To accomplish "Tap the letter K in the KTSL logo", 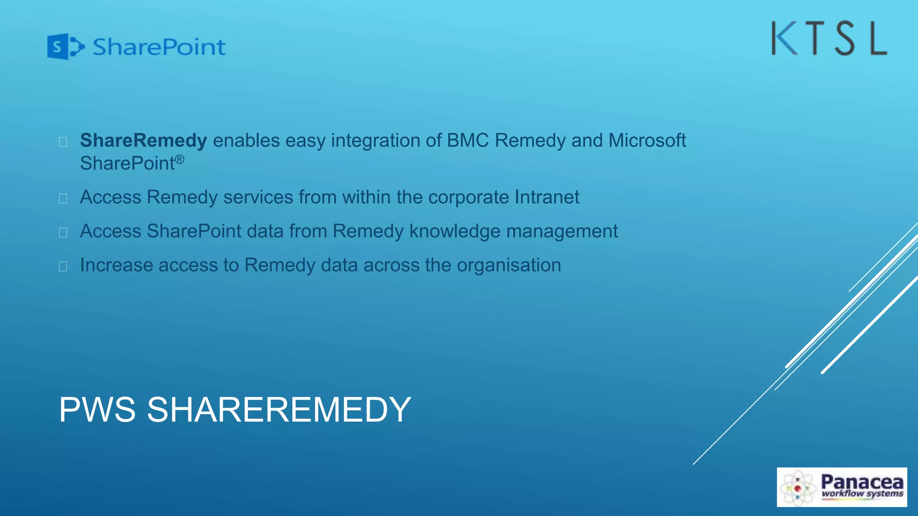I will (x=784, y=39).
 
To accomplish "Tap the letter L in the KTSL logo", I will (x=879, y=39).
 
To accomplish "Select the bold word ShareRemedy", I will (x=143, y=141).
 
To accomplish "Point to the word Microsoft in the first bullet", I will (x=647, y=141).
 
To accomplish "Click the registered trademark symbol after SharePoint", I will (x=179, y=159).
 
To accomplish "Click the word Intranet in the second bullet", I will (x=546, y=197).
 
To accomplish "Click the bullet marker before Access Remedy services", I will (x=63, y=198).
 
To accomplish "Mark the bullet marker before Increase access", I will (x=63, y=267).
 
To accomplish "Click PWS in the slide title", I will (x=97, y=409).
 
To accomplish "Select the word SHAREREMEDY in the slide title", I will (x=279, y=409).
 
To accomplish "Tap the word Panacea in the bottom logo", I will (x=862, y=482).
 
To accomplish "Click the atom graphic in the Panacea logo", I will (x=798, y=488).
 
